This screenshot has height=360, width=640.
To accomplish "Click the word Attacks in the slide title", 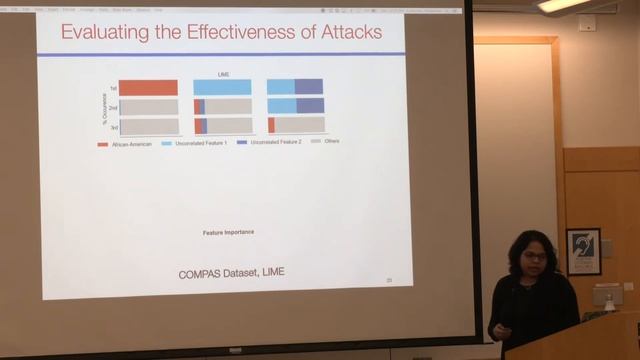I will (x=345, y=32).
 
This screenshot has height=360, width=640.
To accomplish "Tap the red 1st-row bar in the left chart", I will (x=148, y=88).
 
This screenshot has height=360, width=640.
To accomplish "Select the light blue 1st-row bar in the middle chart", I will (x=222, y=88).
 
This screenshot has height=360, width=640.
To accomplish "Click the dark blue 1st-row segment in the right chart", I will (x=309, y=87).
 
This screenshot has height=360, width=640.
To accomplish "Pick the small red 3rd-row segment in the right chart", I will (x=271, y=125).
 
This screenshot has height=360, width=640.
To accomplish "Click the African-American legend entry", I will (x=124, y=142).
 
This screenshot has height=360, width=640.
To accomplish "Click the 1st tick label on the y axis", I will (x=113, y=88).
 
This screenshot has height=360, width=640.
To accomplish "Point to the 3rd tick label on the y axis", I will (x=113, y=126).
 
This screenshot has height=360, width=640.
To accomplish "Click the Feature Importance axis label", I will (x=228, y=232).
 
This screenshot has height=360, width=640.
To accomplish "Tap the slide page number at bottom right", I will (x=389, y=280).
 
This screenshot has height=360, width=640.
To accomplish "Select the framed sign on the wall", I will (x=583, y=251).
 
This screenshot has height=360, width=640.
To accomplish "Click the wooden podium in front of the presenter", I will (x=575, y=338).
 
